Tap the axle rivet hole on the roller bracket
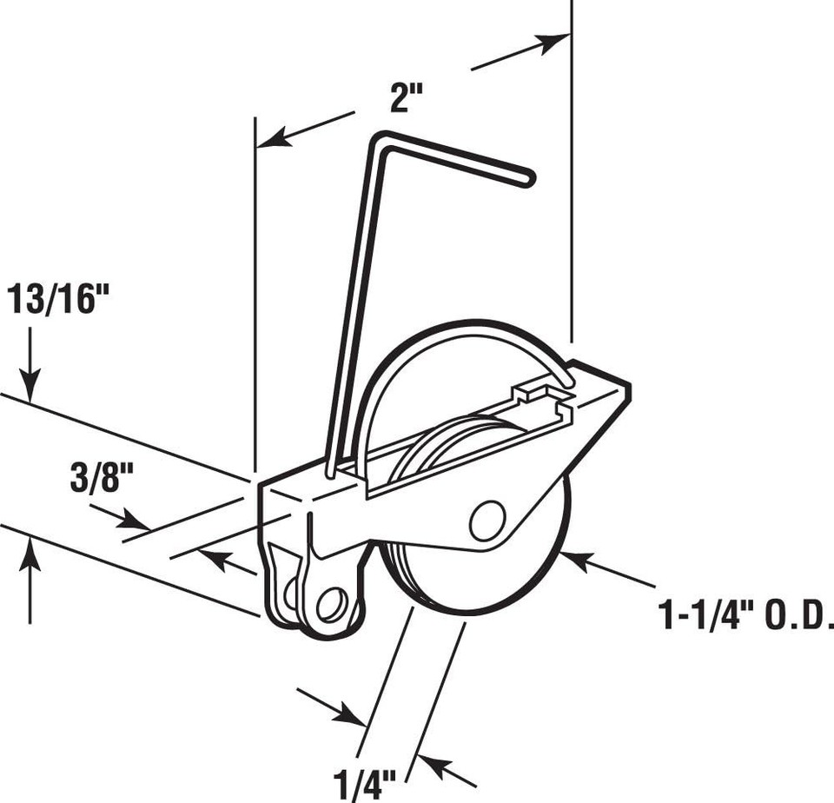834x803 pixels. coord(486,520)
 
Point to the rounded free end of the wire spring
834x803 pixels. coord(526,179)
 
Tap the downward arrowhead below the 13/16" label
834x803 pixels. coord(30,387)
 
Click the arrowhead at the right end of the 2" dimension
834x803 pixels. coord(555,41)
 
